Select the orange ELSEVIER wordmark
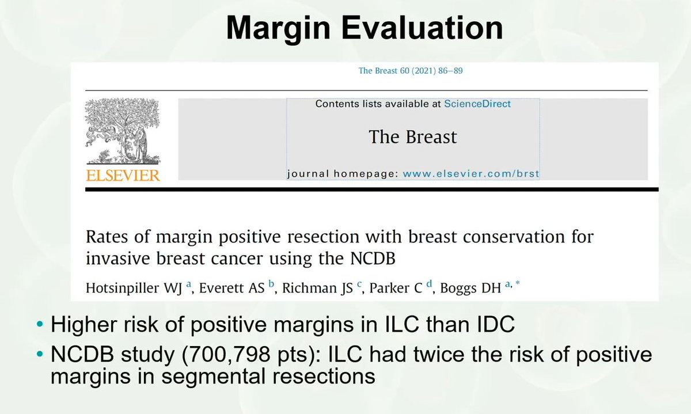point(123,174)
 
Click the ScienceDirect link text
point(477,104)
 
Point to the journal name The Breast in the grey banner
point(412,137)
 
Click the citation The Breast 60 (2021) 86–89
point(411,71)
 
